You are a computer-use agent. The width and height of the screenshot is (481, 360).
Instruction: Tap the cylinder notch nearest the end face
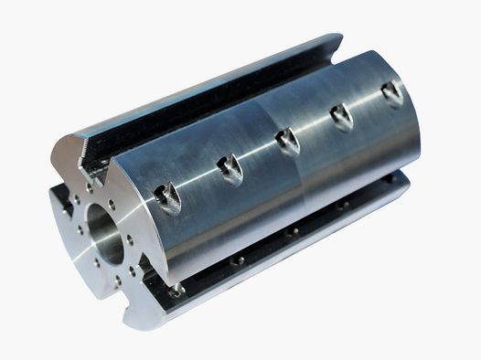[168, 195]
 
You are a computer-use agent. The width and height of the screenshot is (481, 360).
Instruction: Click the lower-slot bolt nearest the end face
[176, 290]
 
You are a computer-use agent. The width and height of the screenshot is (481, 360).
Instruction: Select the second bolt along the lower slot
[237, 260]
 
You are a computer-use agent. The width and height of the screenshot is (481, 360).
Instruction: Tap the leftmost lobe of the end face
[57, 219]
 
